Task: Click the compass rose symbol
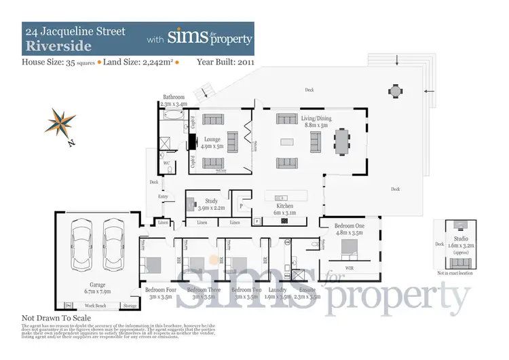point(60,123)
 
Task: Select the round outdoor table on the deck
point(395,90)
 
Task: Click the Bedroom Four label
point(160,289)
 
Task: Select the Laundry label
point(269,289)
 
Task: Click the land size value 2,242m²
point(156,62)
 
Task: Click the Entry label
point(163,196)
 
